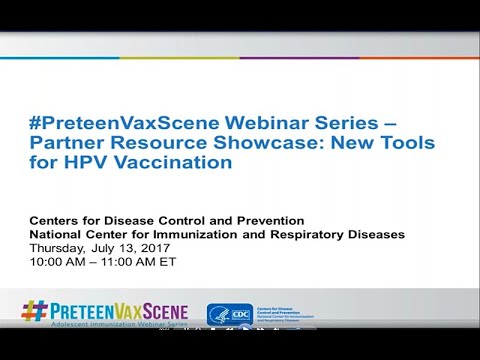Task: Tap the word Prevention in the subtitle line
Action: coord(269,220)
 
